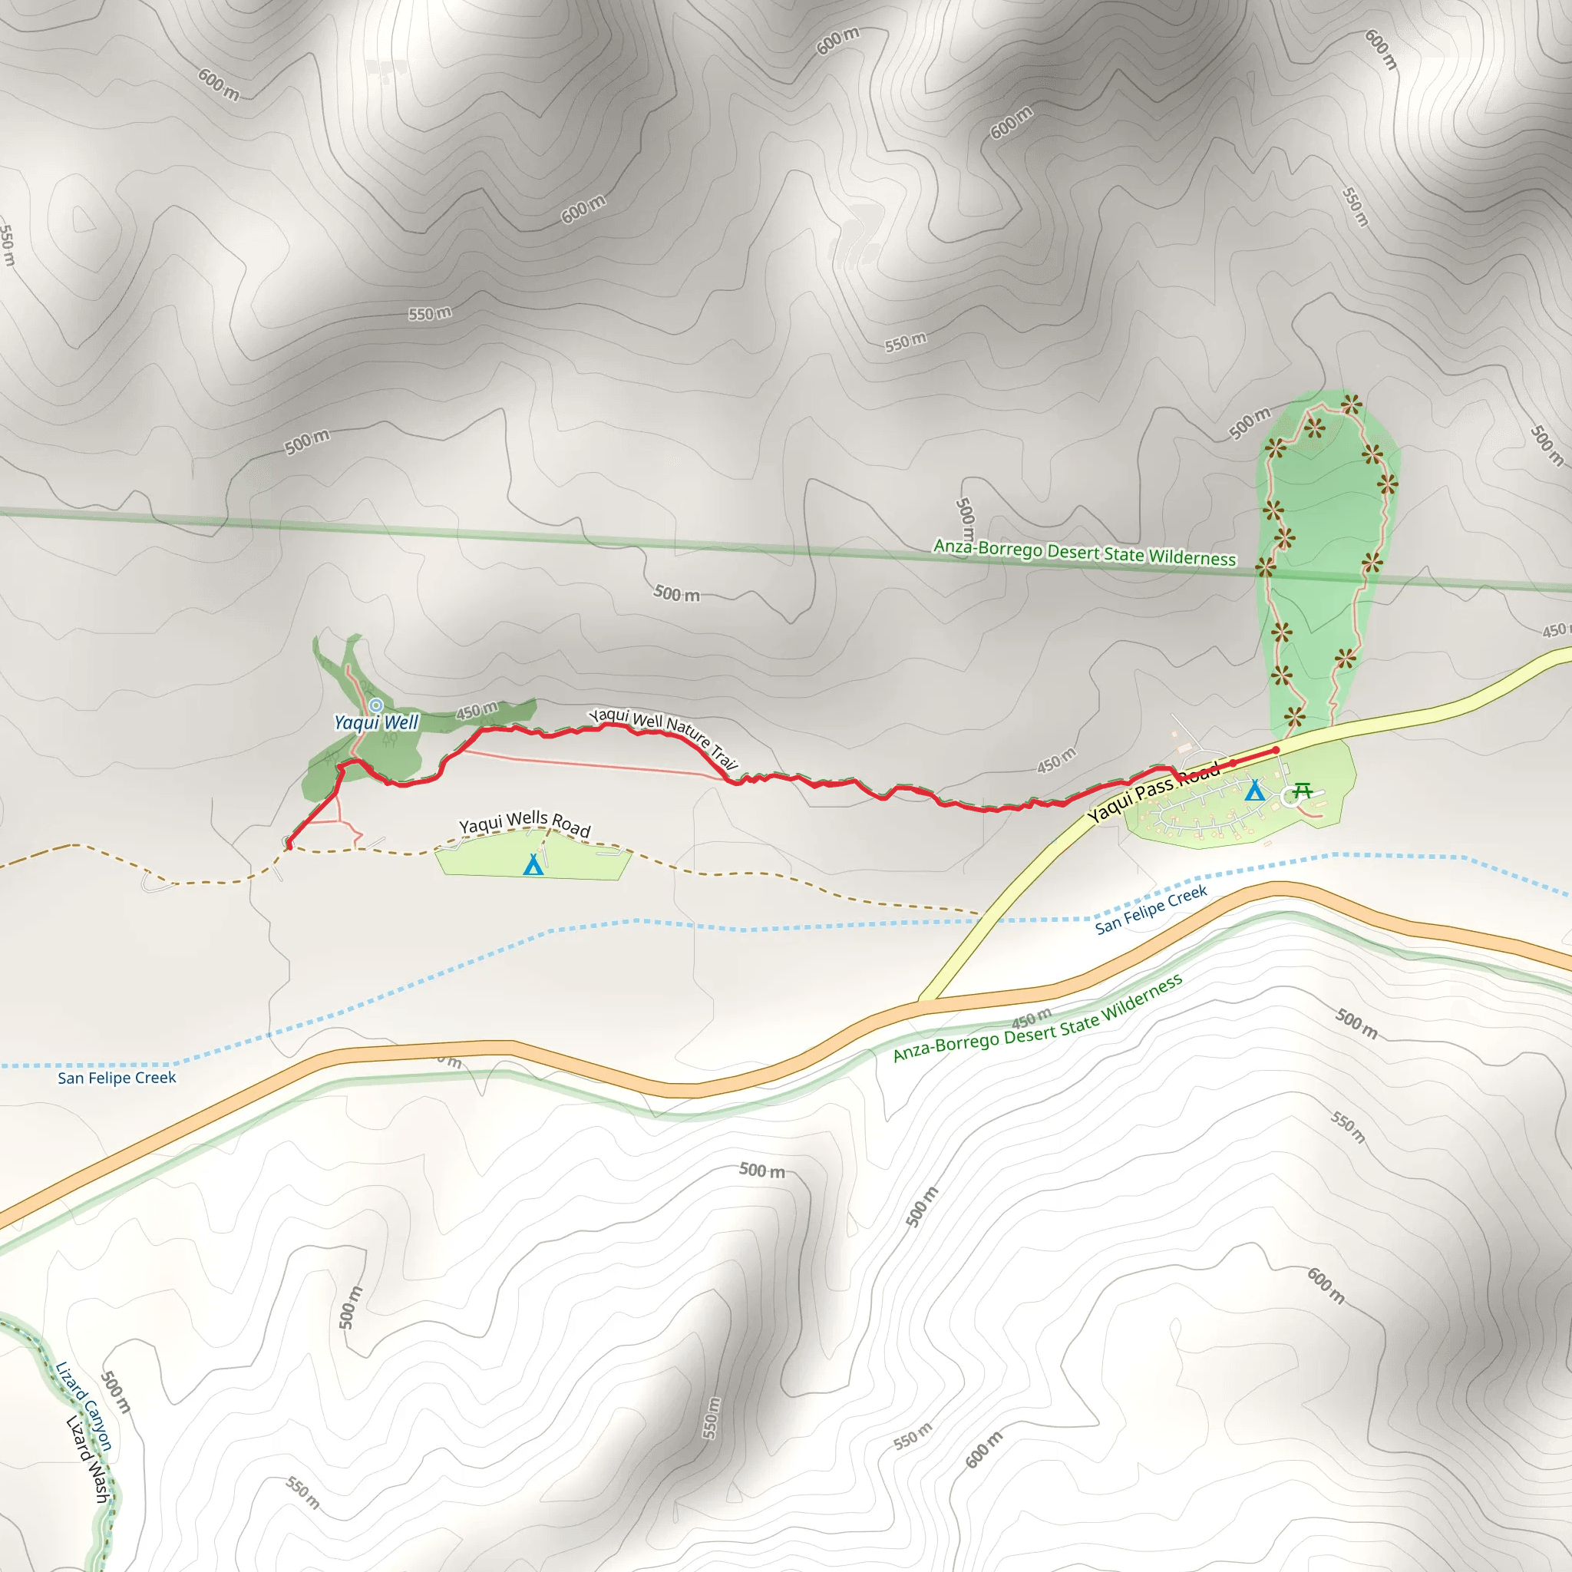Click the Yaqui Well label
coord(376,722)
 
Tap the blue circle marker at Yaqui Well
coord(376,705)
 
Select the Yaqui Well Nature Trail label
coord(664,735)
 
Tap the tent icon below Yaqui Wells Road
coord(533,864)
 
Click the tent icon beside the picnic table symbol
coord(1255,789)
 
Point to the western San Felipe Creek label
coord(117,1078)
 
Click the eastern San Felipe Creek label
coord(1151,910)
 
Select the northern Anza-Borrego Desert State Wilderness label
coord(1085,553)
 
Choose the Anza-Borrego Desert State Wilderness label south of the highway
coord(1038,1018)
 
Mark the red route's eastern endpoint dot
coord(1276,750)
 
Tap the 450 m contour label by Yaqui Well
coord(476,710)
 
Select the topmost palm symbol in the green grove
coord(1352,404)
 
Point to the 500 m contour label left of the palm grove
coord(1249,423)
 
